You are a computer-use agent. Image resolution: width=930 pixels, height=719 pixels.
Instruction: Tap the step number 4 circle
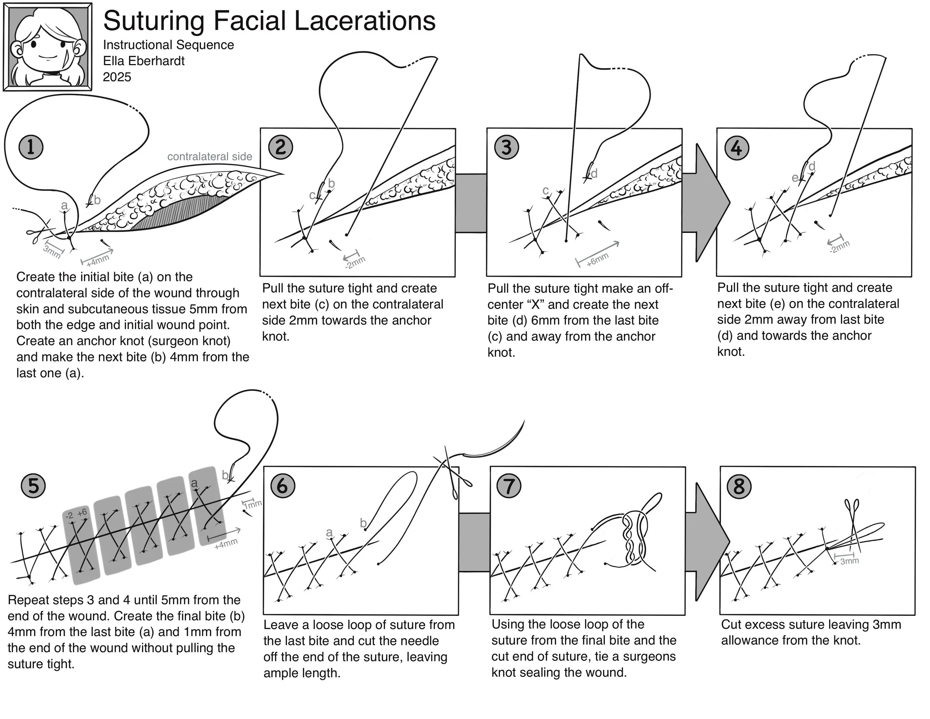coord(736,148)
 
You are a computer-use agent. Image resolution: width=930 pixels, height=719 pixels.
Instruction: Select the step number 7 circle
coord(509,486)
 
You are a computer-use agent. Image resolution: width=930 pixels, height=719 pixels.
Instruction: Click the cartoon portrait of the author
coord(47,47)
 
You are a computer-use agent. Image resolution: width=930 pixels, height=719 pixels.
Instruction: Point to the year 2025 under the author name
coord(117,77)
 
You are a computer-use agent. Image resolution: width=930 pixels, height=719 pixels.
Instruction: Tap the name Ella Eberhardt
coord(144,61)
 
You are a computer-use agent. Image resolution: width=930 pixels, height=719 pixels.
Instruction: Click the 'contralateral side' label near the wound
coord(209,156)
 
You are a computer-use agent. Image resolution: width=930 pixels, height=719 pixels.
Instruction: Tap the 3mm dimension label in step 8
coord(849,561)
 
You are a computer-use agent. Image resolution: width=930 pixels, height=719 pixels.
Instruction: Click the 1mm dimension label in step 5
coord(253,504)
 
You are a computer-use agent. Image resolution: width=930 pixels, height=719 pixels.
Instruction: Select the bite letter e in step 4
coord(795,178)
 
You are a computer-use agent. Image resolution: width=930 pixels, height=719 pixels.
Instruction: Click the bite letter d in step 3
coord(594,173)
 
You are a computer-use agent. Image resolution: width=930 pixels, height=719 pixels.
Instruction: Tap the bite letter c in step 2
coord(312,195)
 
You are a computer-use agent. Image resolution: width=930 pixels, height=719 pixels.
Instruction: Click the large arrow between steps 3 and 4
coord(705,202)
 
